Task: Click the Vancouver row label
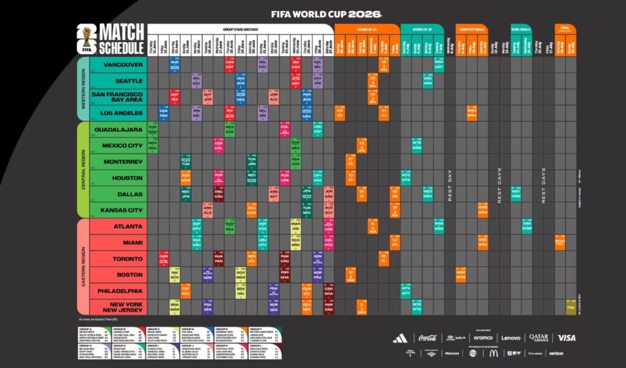pos(123,64)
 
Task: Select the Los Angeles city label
pos(120,113)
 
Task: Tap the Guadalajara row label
pos(118,130)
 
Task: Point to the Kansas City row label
pos(120,211)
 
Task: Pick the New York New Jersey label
pos(125,307)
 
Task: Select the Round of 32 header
pos(367,29)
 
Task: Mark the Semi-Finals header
pos(521,29)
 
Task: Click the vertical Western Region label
pos(83,89)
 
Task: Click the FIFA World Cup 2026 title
pos(326,13)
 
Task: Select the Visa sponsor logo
pos(567,337)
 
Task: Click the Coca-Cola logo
pos(432,338)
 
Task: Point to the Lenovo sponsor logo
pos(511,338)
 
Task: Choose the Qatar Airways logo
pos(539,337)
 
